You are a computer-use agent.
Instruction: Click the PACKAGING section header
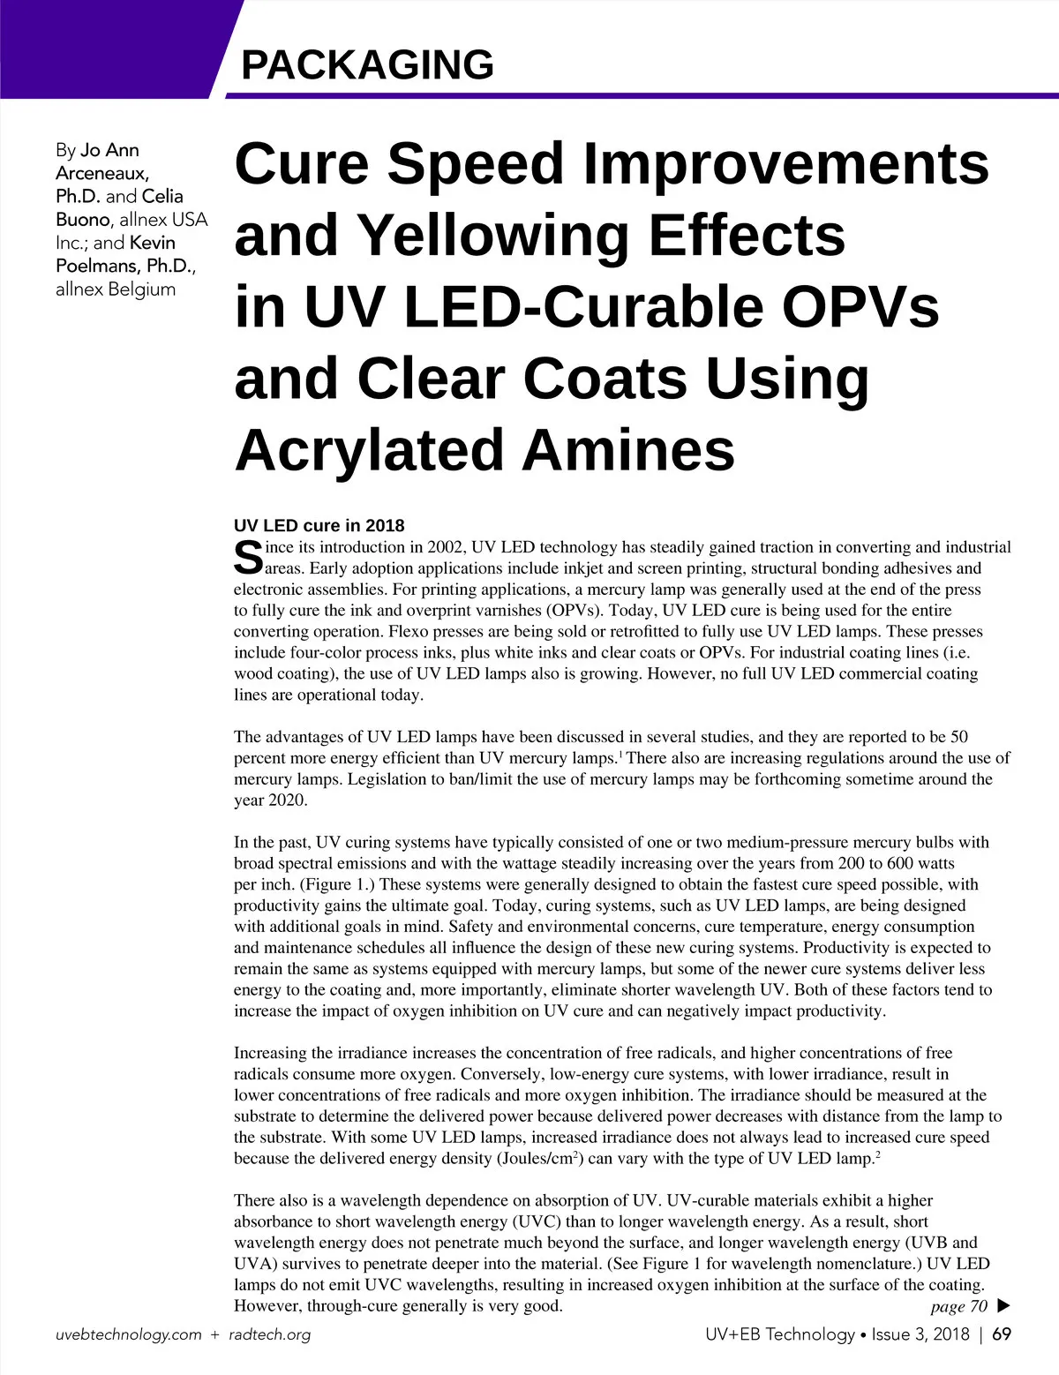(367, 64)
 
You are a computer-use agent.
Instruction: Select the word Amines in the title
(627, 450)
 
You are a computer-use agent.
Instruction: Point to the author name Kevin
(153, 243)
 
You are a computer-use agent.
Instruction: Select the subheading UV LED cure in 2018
(319, 526)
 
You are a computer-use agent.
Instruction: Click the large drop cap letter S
(248, 558)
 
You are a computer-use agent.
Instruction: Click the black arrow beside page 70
(1003, 1305)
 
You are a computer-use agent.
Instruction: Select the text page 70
(958, 1306)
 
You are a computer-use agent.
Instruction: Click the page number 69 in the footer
(1002, 1334)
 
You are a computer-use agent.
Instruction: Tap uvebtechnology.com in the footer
(128, 1334)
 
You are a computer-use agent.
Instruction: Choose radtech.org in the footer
(269, 1334)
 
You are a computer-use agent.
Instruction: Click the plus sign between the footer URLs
(214, 1335)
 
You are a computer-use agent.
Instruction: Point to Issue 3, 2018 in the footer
(920, 1334)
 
